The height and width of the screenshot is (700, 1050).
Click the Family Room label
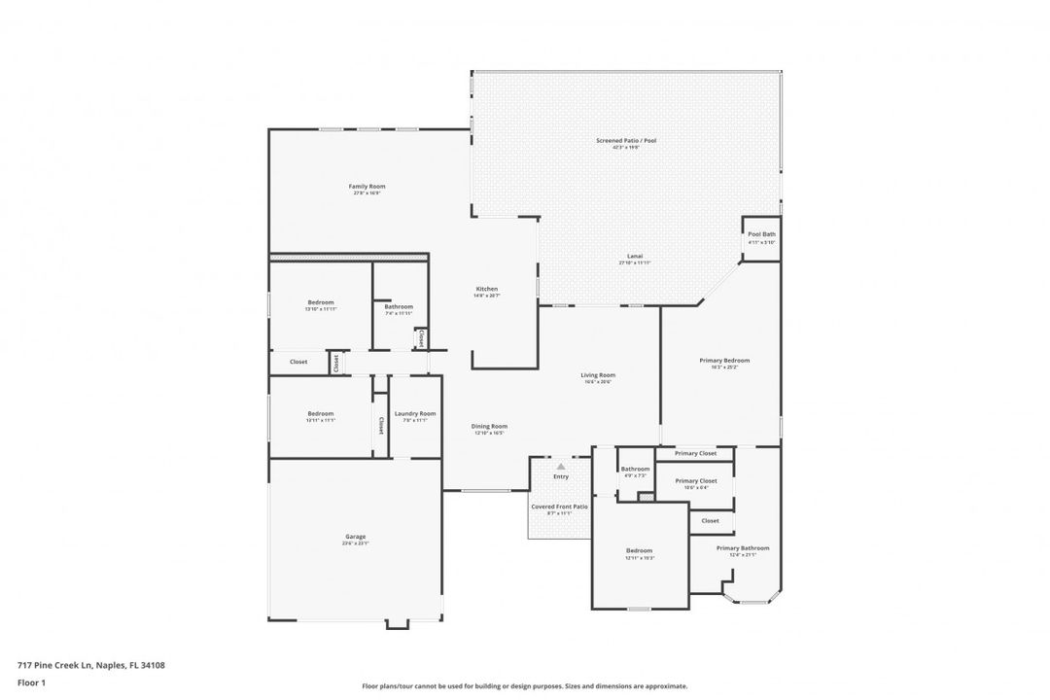(x=367, y=186)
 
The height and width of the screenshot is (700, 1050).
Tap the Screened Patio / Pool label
(x=626, y=141)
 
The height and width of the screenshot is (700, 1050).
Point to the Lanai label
(x=634, y=257)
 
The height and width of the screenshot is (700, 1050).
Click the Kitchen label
(x=486, y=289)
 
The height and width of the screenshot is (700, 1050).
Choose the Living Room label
(x=598, y=374)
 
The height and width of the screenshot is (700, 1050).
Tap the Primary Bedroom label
(x=724, y=361)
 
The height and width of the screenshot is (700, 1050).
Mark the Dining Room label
(x=490, y=426)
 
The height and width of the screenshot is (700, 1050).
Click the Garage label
(x=355, y=537)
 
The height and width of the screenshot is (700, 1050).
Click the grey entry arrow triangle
(x=561, y=467)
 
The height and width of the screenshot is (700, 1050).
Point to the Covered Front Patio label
(x=559, y=507)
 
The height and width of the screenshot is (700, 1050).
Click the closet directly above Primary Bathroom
(x=711, y=521)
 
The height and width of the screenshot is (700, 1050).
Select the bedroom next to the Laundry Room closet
(x=321, y=415)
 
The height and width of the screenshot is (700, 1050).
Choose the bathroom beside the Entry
(x=635, y=472)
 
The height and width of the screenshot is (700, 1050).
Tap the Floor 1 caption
(x=31, y=683)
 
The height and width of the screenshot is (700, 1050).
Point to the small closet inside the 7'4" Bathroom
(x=419, y=338)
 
